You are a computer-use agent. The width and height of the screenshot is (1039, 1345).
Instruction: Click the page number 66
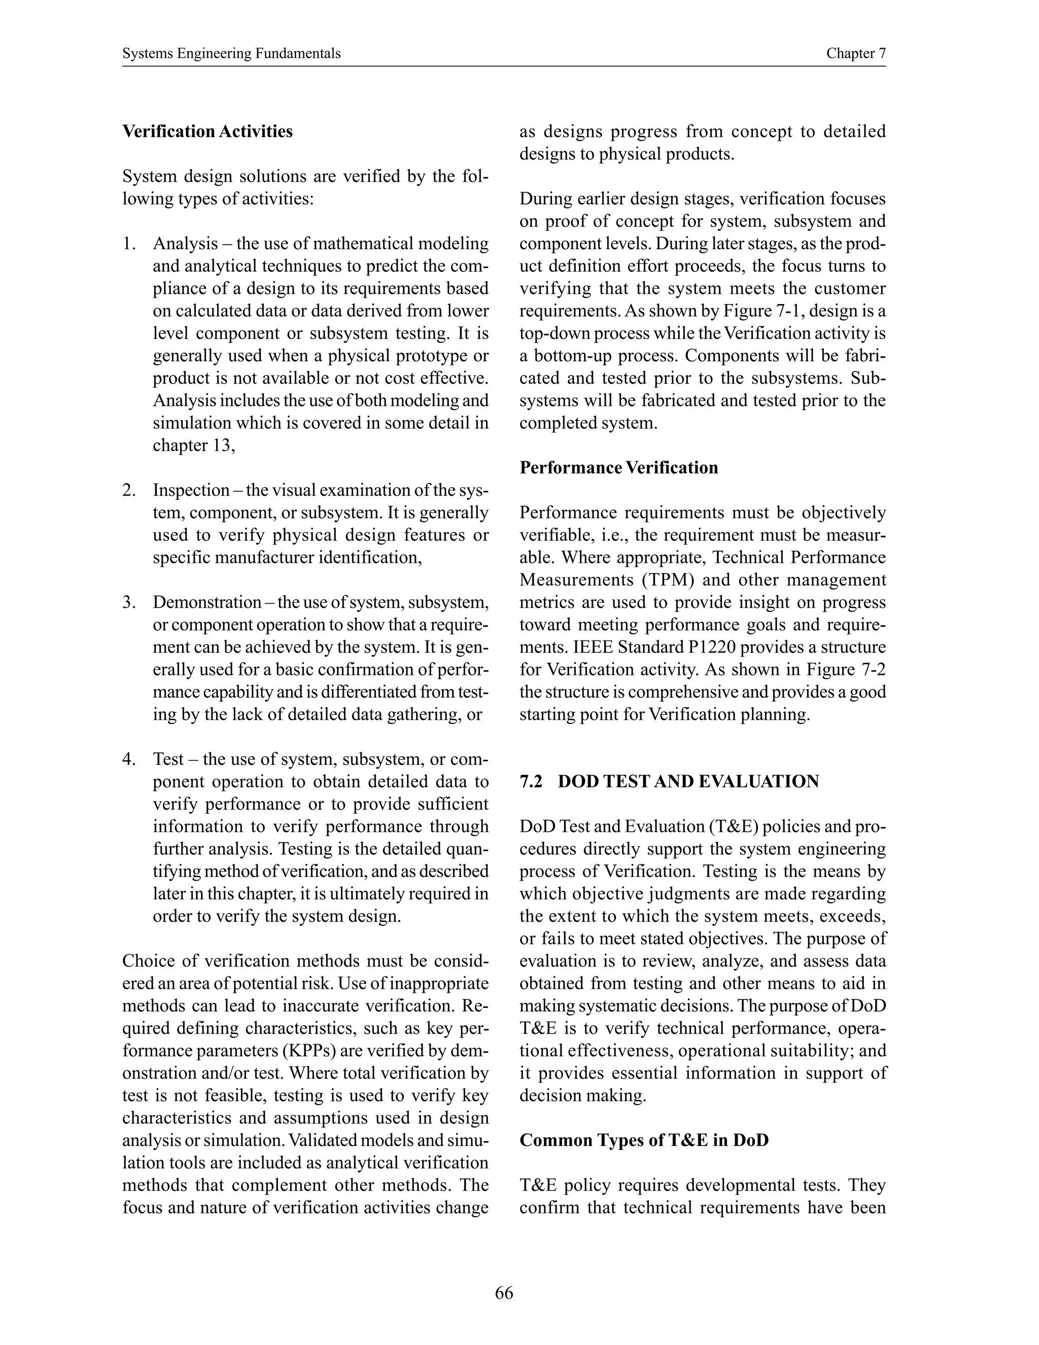tap(503, 1293)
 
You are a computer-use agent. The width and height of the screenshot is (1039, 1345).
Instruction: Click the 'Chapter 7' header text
tap(855, 54)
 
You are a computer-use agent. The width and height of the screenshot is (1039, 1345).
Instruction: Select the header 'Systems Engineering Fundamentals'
tap(231, 54)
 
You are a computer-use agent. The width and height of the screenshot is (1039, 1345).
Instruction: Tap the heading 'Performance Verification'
tap(618, 467)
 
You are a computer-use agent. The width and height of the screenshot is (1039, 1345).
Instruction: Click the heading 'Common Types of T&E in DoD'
tap(644, 1140)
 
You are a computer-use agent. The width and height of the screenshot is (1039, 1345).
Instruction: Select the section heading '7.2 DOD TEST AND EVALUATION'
tap(669, 782)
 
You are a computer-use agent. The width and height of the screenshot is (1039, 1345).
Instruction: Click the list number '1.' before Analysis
tap(129, 244)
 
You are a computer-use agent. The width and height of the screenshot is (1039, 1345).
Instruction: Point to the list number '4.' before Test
tap(129, 759)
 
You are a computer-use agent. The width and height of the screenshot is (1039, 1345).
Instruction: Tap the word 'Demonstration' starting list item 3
tap(207, 602)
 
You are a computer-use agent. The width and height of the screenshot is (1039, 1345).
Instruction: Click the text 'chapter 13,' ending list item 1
tap(194, 445)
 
